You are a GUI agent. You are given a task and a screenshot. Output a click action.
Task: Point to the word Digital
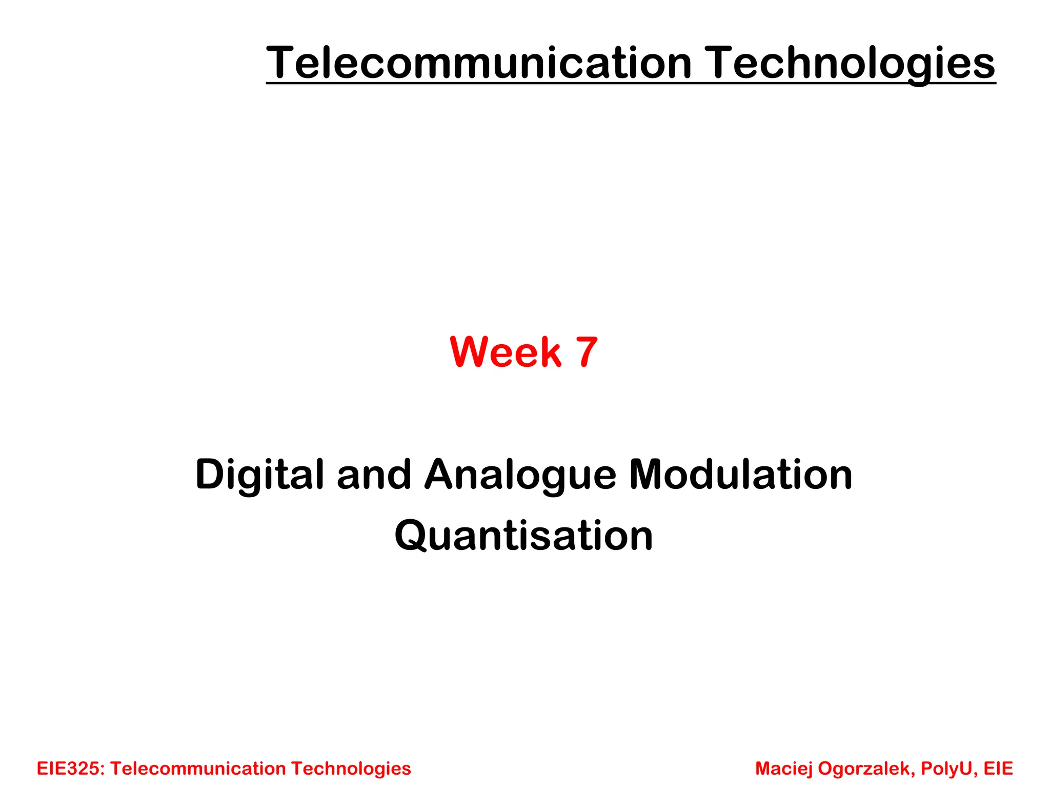(x=260, y=475)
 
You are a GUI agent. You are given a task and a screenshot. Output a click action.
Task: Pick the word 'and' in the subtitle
(x=374, y=475)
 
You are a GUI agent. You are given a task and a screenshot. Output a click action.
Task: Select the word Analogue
(x=520, y=475)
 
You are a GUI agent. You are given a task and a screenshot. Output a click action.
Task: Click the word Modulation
(x=741, y=475)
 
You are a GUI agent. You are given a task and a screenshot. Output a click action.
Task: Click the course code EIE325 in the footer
(x=71, y=769)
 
